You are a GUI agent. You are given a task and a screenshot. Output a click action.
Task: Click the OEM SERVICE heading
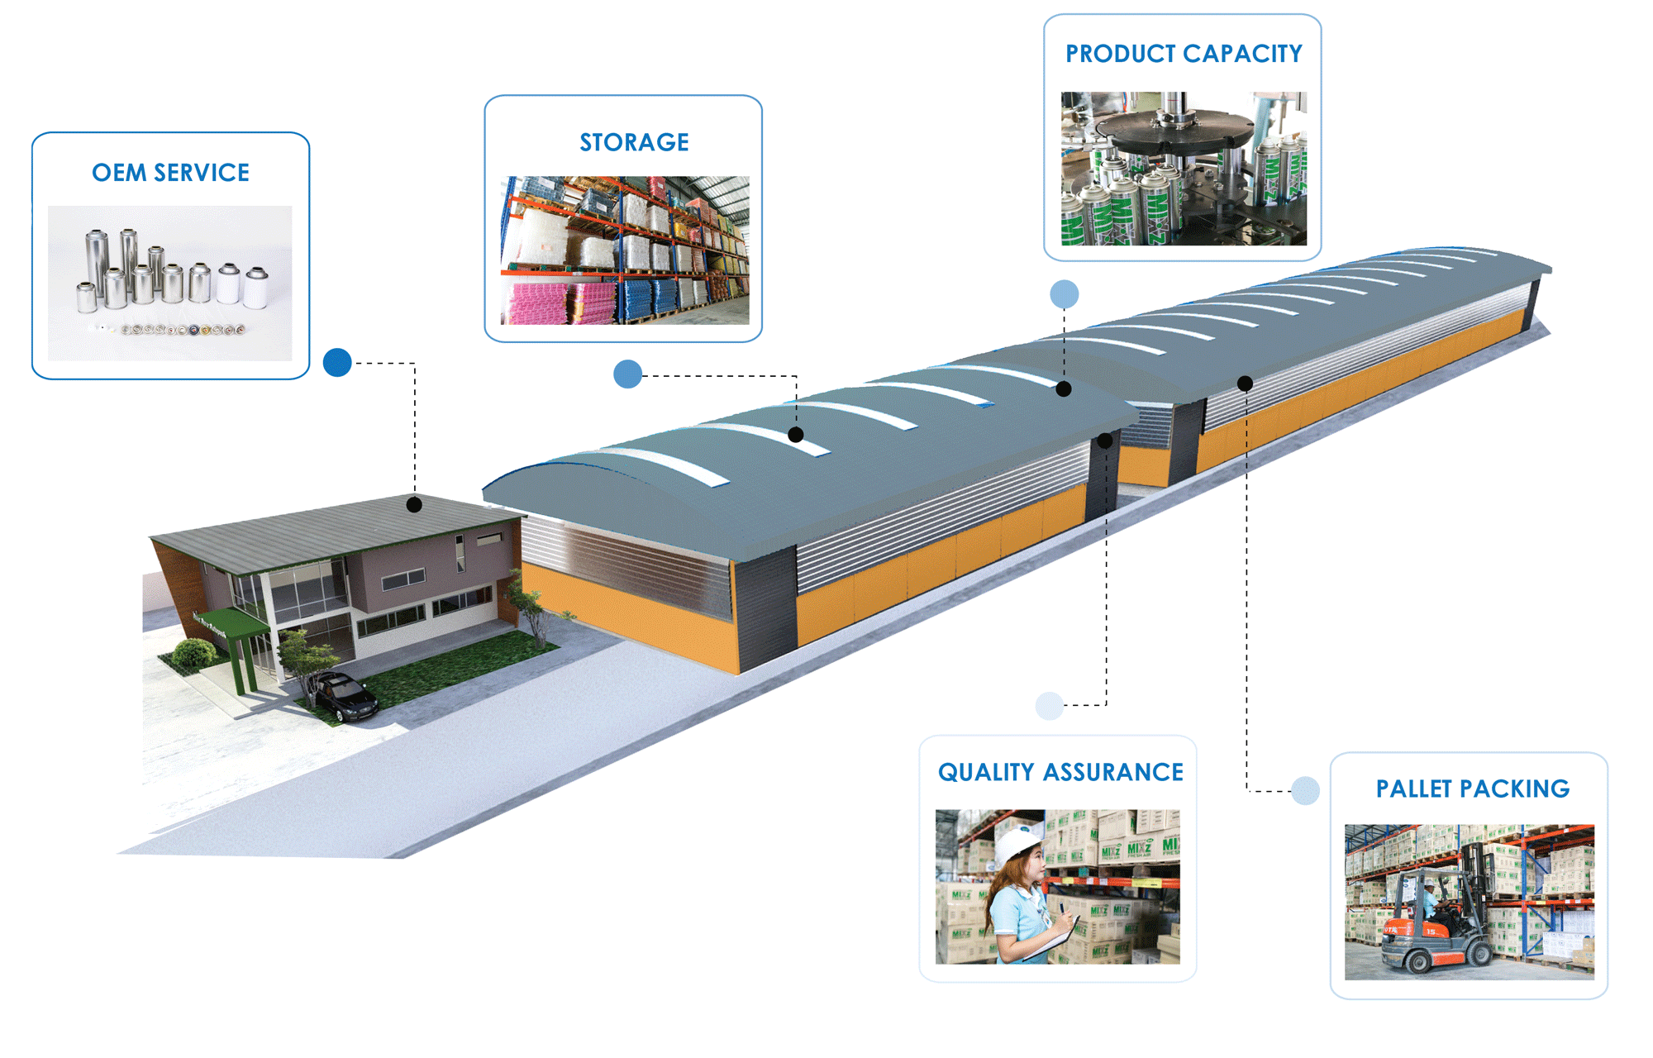pyautogui.click(x=170, y=173)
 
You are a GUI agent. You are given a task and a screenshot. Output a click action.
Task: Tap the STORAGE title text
pyautogui.click(x=634, y=142)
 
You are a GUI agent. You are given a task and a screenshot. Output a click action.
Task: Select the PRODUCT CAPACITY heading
pyautogui.click(x=1183, y=54)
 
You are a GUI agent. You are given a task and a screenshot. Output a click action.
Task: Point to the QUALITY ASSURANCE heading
pyautogui.click(x=1060, y=772)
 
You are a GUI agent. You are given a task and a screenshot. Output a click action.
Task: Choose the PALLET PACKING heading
pyautogui.click(x=1472, y=789)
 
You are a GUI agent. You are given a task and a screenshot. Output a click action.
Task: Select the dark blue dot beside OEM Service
pyautogui.click(x=337, y=362)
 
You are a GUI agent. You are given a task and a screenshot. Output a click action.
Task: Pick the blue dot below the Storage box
pyautogui.click(x=627, y=374)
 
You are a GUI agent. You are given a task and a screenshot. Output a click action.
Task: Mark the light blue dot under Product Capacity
pyautogui.click(x=1064, y=293)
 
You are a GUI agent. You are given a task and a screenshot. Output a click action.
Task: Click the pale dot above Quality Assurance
pyautogui.click(x=1049, y=705)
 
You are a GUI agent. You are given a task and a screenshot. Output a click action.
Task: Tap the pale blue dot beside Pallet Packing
pyautogui.click(x=1305, y=790)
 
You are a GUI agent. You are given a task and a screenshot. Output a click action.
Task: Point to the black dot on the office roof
pyautogui.click(x=415, y=504)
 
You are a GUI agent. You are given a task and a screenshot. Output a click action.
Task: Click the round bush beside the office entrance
pyautogui.click(x=194, y=653)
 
